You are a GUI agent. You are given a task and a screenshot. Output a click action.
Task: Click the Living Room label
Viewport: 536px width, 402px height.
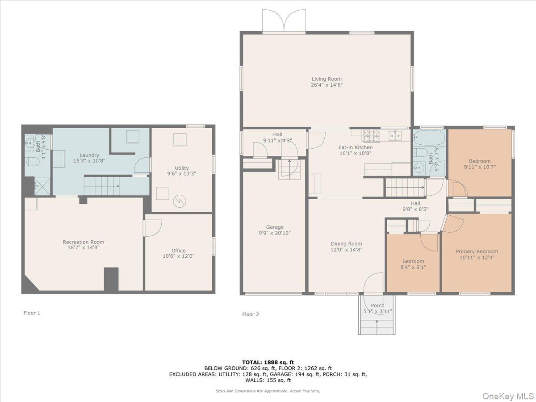(327, 79)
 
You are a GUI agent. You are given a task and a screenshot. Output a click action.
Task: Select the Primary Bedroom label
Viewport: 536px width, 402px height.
(477, 251)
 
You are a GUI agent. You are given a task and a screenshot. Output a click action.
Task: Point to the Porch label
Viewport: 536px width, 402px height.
(377, 306)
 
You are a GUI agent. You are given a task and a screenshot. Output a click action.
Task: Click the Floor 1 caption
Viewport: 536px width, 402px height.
(32, 313)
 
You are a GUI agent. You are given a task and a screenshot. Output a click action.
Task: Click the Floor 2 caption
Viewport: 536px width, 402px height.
(251, 314)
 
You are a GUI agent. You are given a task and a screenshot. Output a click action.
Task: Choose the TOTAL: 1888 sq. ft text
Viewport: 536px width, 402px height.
(268, 362)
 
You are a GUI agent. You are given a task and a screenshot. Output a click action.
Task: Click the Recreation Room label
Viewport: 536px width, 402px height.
(84, 242)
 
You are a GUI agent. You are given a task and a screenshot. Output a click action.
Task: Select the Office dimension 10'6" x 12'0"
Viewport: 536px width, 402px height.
(179, 256)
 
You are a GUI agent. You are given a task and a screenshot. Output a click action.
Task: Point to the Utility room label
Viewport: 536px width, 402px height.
(182, 168)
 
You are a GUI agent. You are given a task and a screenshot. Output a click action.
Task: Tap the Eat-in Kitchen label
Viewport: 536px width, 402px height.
(356, 147)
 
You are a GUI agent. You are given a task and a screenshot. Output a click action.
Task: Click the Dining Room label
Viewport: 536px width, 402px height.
(346, 244)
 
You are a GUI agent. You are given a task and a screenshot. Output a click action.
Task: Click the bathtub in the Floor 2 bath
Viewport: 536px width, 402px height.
(429, 137)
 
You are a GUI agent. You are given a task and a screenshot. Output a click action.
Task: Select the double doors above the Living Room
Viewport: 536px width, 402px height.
(284, 21)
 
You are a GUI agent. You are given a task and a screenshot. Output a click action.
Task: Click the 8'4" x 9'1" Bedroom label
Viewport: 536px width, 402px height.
(413, 261)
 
